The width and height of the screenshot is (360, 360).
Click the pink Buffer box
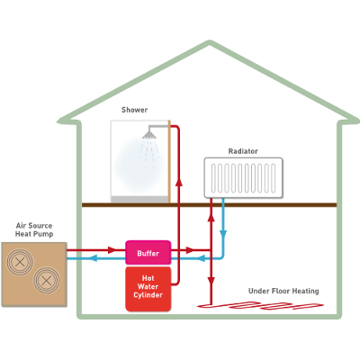click(x=148, y=253)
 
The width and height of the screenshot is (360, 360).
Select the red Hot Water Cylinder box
click(x=148, y=289)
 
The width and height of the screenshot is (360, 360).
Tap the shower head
click(x=149, y=134)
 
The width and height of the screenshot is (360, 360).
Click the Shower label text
click(x=134, y=110)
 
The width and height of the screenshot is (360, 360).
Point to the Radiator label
click(x=243, y=151)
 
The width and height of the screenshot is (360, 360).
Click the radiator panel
click(x=243, y=177)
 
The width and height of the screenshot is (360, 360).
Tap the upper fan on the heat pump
click(x=20, y=262)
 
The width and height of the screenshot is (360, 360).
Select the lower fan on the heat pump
click(x=46, y=281)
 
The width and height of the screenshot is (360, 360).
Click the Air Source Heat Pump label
click(x=34, y=229)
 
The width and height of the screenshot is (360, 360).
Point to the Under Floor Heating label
click(x=283, y=291)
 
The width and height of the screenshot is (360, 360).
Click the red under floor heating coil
click(x=260, y=306)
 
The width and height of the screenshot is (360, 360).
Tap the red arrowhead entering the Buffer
click(x=112, y=250)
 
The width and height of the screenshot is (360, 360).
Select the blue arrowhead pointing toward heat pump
click(x=94, y=257)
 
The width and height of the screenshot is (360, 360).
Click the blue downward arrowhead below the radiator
click(x=223, y=234)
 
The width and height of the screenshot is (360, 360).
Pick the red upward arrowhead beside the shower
click(x=179, y=182)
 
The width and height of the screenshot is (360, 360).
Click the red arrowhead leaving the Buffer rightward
click(x=191, y=250)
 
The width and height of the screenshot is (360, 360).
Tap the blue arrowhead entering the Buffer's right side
click(x=201, y=257)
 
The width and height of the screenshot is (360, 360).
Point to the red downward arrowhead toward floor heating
click(x=211, y=281)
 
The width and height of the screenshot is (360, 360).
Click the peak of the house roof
click(x=210, y=42)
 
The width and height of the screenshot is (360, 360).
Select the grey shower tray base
click(x=139, y=199)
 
